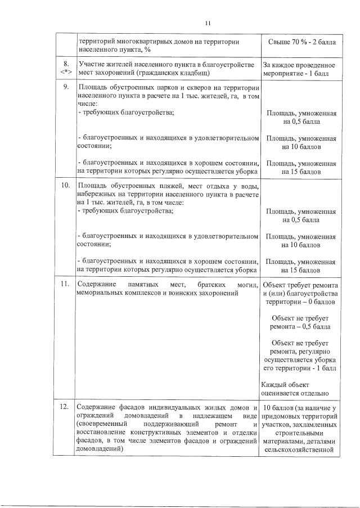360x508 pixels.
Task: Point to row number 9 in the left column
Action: [66, 87]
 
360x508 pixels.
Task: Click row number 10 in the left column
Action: [66, 185]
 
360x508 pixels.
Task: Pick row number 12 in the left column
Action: [66, 407]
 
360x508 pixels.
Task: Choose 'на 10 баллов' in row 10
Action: [301, 245]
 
